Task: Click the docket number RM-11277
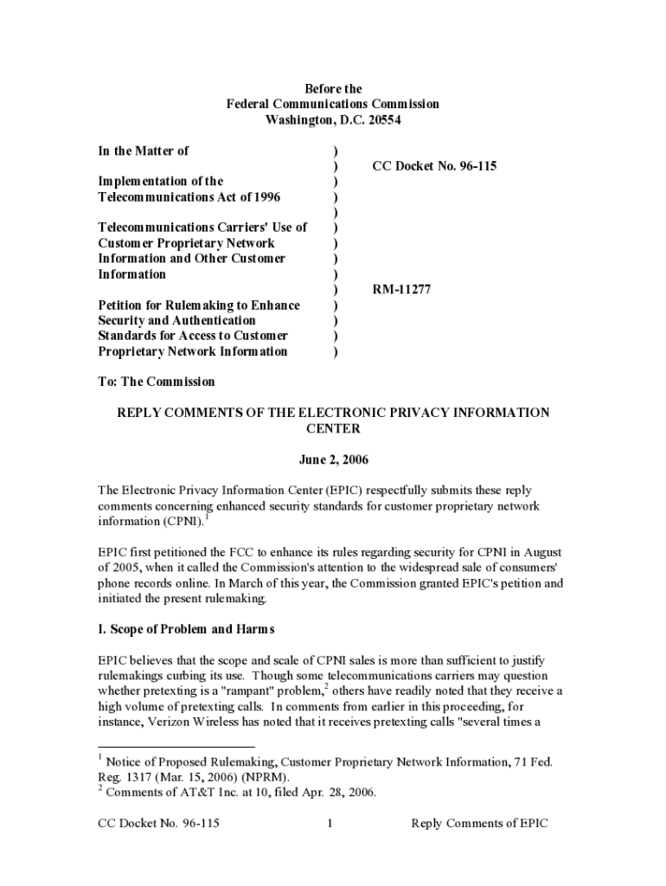(401, 290)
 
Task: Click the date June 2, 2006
(333, 459)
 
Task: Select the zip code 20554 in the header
(381, 119)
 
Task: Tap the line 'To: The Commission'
(156, 382)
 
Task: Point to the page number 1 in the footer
(330, 824)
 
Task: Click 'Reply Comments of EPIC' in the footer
(479, 824)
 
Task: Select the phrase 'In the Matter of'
(143, 151)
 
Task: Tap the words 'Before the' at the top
(333, 88)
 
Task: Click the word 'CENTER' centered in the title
(333, 428)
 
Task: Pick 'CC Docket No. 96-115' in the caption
(434, 165)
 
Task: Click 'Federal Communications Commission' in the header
(333, 104)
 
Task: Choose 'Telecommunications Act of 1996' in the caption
(189, 196)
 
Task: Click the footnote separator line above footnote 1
(176, 747)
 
